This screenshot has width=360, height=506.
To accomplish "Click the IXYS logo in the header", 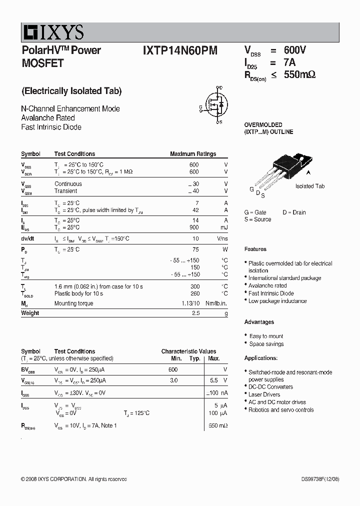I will (53, 33).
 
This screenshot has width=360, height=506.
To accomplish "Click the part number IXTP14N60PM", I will (180, 50).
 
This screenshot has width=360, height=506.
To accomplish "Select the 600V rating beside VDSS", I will (294, 50).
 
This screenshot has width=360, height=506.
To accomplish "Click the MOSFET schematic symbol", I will (216, 104).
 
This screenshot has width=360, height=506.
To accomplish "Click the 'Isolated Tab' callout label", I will (309, 186).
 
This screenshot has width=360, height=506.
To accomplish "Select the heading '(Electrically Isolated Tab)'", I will (71, 91).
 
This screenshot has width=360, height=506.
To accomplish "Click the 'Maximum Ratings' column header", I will (193, 154).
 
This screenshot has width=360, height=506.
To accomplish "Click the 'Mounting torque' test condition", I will (73, 303).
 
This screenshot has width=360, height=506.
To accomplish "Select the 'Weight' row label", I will (30, 313).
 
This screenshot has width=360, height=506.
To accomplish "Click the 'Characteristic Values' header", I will (188, 351).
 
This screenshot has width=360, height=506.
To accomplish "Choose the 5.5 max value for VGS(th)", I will (213, 380).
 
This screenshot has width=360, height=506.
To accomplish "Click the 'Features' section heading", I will (255, 249).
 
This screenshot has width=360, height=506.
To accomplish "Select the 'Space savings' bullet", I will (266, 344).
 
